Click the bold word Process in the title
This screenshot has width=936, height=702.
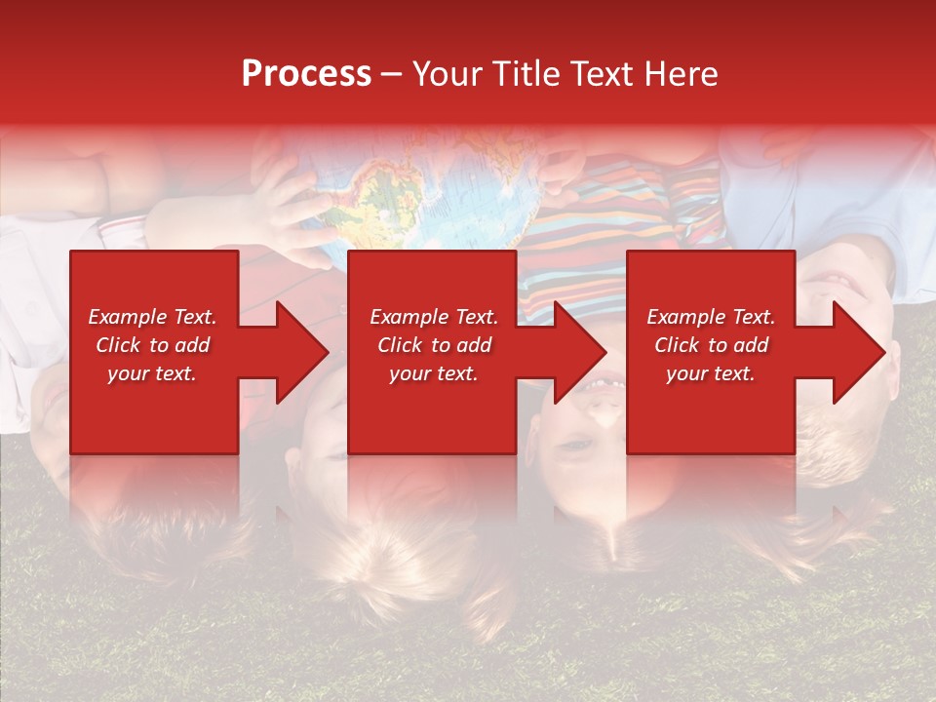306,74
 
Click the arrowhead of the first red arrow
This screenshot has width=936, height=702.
301,352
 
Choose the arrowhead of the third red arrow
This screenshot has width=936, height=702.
859,352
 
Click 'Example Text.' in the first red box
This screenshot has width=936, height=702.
153,317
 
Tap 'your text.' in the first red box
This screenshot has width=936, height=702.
153,373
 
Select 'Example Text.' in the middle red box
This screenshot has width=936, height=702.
434,317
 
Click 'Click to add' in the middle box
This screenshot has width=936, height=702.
434,345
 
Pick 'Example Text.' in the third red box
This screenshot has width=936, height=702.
711,317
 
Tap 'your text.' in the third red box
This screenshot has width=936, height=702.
711,373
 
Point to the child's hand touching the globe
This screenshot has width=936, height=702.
283,210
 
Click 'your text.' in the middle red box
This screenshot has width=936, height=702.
434,373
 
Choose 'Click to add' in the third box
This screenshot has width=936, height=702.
711,345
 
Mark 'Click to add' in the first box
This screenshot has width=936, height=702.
153,345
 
